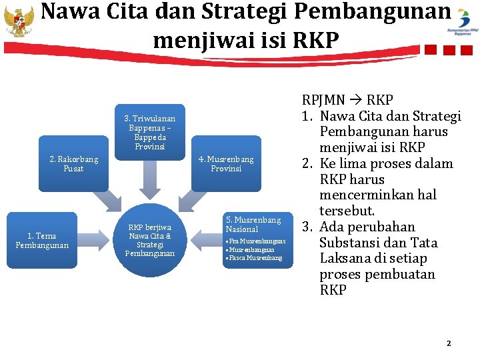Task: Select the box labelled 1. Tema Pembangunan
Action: [x=41, y=240]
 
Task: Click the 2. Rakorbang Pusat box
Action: [x=73, y=164]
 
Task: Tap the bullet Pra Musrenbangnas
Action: [x=256, y=241]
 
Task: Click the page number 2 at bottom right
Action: [x=449, y=343]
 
